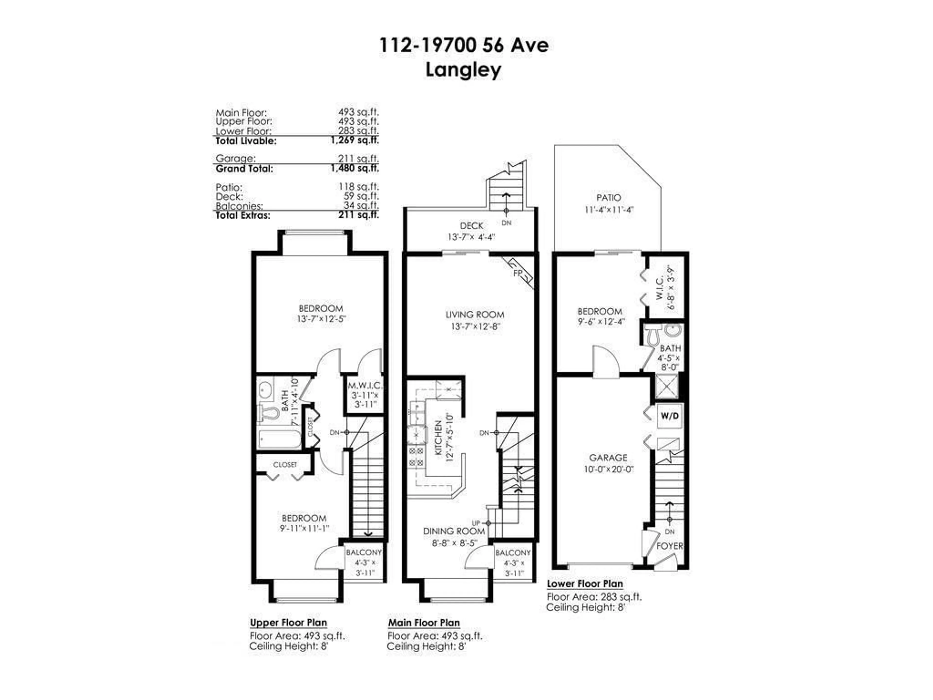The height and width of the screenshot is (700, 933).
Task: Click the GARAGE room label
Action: click(x=608, y=457)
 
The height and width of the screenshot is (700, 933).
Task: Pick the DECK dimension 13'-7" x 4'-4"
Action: click(x=471, y=237)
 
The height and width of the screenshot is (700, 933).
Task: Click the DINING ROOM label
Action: click(x=454, y=531)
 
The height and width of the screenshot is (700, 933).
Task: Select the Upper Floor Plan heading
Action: click(x=288, y=623)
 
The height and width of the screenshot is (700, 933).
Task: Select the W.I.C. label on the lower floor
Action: click(x=660, y=288)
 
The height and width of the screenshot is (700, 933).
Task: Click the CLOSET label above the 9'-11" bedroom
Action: click(x=285, y=464)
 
